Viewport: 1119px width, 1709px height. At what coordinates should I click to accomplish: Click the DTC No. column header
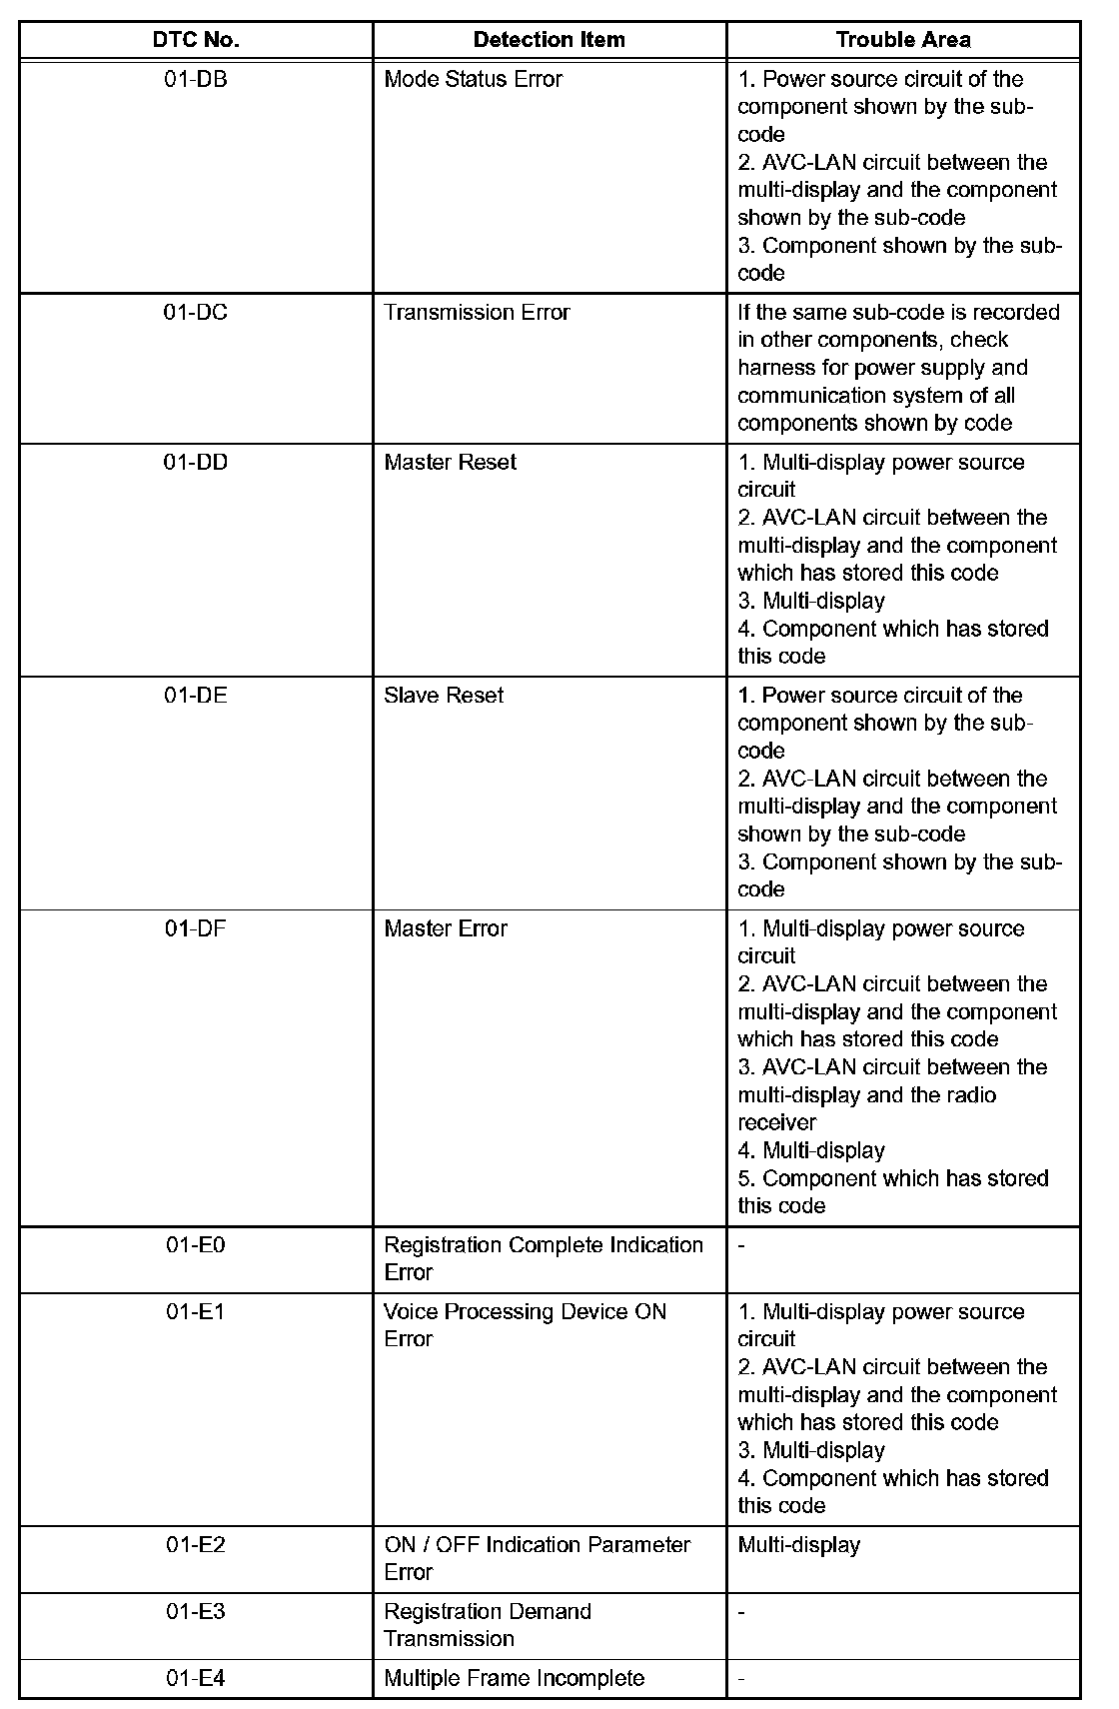click(x=196, y=40)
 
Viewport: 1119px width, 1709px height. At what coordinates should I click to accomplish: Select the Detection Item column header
click(x=549, y=40)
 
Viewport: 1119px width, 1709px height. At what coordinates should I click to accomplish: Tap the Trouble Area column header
click(x=902, y=40)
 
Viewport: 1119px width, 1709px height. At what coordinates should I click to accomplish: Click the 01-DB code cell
click(x=196, y=79)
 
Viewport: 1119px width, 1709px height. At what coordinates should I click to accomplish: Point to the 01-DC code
click(x=196, y=313)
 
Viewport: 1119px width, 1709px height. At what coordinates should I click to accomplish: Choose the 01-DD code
click(x=196, y=463)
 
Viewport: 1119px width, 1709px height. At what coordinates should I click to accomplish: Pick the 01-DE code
click(x=196, y=696)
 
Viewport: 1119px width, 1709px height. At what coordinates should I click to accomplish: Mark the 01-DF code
click(x=196, y=928)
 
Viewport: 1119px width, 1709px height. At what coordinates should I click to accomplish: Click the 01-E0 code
click(x=196, y=1245)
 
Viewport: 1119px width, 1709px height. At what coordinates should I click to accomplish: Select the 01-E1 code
click(x=196, y=1311)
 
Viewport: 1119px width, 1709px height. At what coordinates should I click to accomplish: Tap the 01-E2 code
click(x=196, y=1545)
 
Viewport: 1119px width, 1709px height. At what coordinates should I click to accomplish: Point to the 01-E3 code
click(x=196, y=1611)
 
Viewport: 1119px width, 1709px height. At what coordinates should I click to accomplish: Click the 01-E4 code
click(x=196, y=1678)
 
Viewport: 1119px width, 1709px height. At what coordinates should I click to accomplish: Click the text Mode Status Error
click(x=473, y=79)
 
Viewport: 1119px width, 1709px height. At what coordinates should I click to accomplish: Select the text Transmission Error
click(x=477, y=313)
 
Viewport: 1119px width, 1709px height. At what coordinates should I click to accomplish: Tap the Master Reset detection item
click(x=450, y=463)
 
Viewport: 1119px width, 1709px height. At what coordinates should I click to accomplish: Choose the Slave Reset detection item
click(x=444, y=696)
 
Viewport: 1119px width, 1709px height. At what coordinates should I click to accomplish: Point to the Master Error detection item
click(x=446, y=928)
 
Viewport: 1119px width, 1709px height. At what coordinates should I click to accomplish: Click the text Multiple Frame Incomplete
click(x=514, y=1678)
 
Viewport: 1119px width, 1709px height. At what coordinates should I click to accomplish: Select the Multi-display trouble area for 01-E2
click(x=798, y=1545)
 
